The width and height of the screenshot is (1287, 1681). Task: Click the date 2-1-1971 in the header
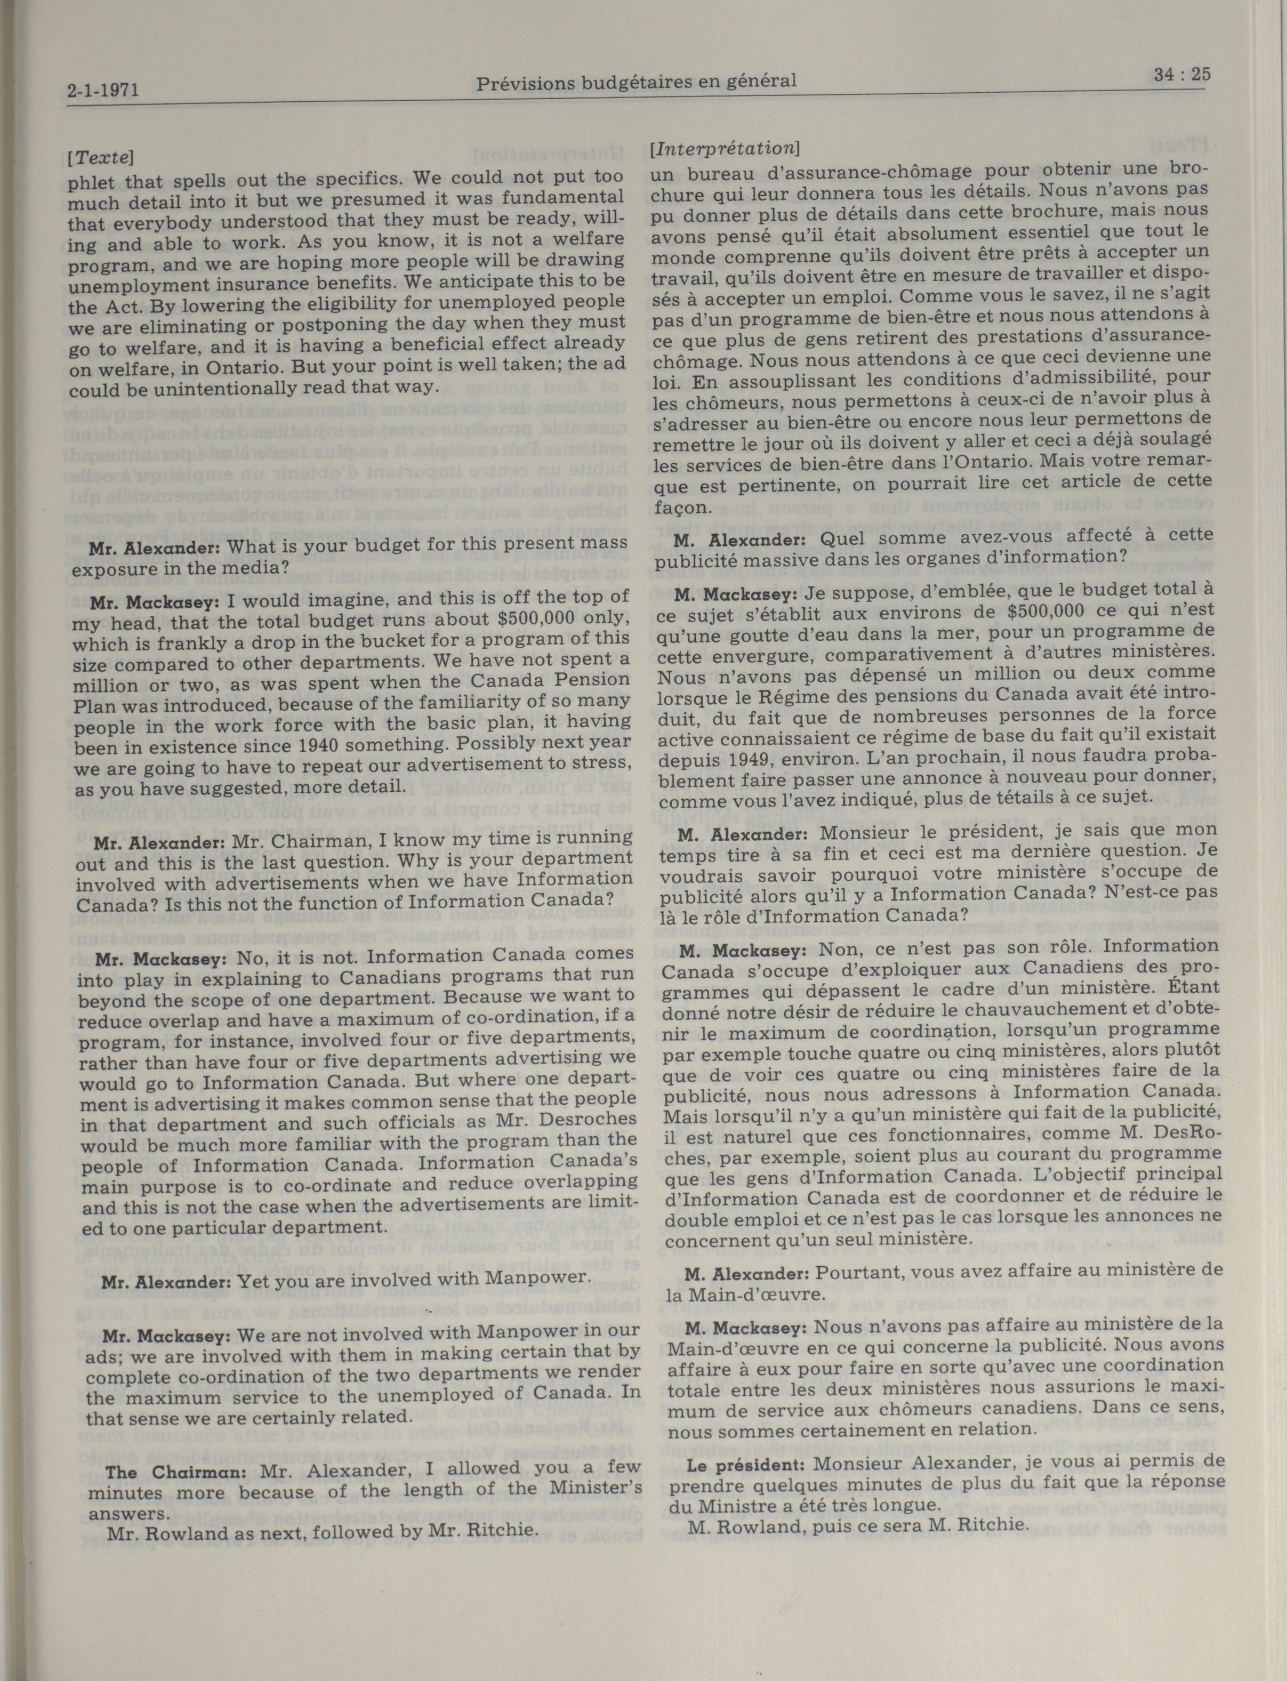[103, 91]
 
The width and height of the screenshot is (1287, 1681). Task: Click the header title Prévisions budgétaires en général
[636, 81]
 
